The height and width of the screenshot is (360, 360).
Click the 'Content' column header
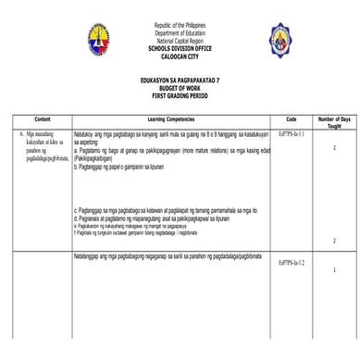(42, 121)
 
